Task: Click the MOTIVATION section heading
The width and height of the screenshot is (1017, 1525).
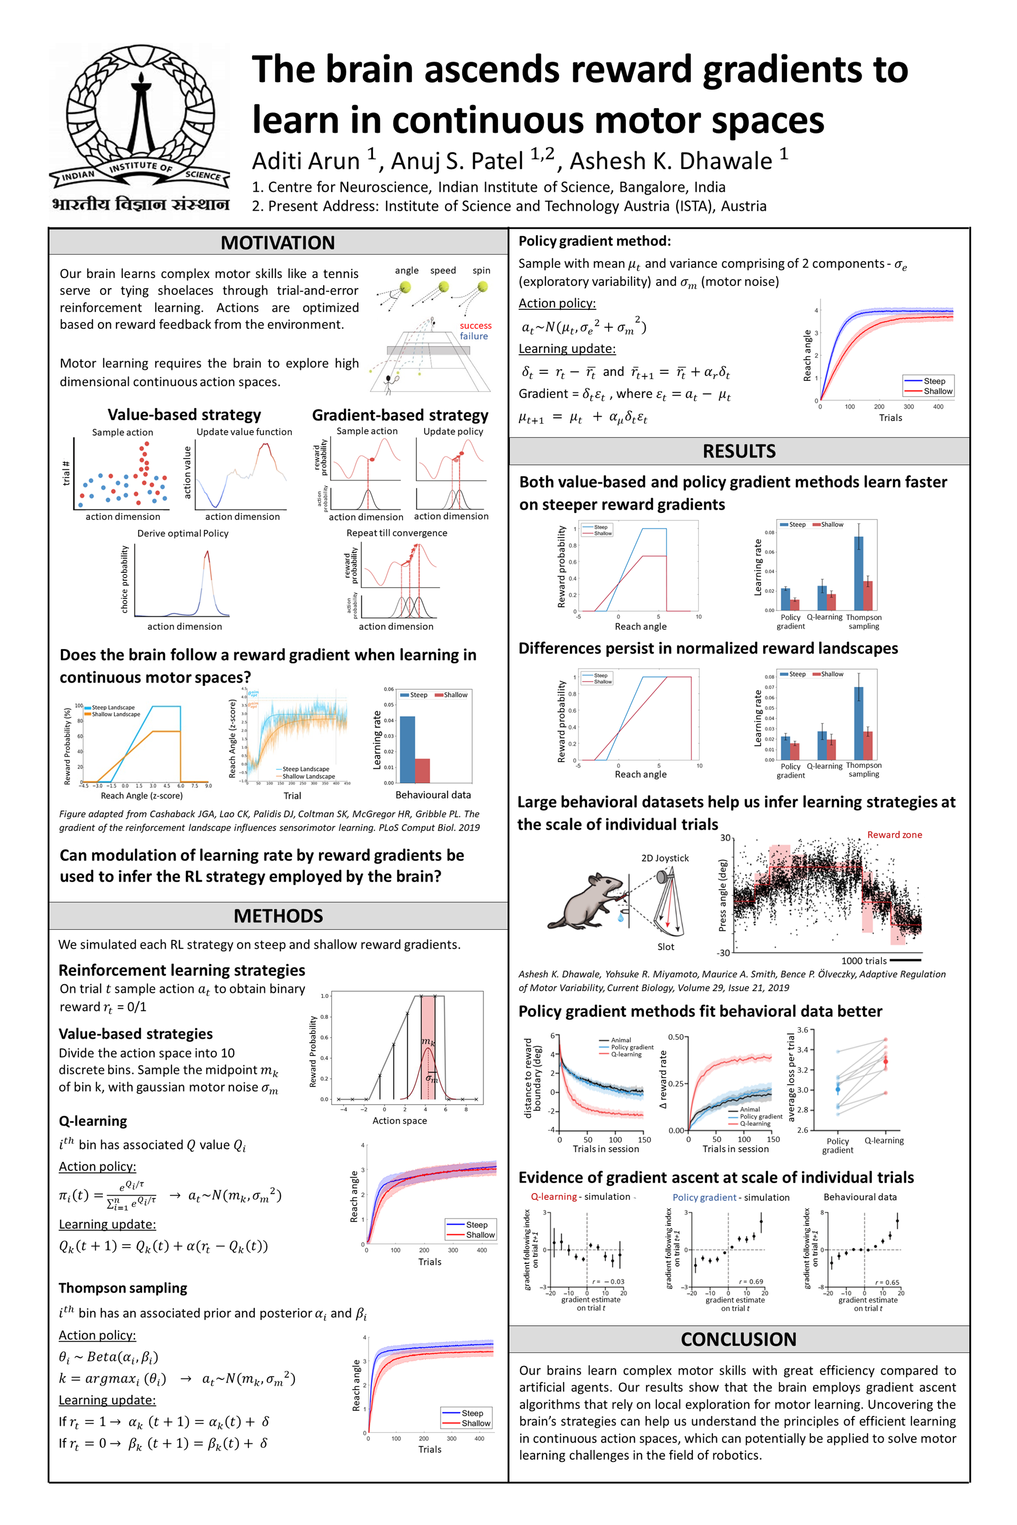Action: [x=278, y=243]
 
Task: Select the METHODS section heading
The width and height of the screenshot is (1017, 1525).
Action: [x=278, y=916]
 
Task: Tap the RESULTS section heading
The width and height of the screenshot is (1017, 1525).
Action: [x=739, y=451]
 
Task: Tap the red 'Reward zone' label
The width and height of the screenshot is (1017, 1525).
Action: [x=895, y=835]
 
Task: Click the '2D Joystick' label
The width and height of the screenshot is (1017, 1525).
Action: [x=665, y=858]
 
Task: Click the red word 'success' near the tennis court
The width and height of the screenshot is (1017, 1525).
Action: [x=476, y=326]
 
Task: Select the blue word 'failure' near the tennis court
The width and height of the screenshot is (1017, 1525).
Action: [x=474, y=336]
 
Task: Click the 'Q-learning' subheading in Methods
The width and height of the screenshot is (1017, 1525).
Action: [x=93, y=1121]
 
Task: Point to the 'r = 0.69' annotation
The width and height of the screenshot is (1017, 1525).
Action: [x=751, y=1281]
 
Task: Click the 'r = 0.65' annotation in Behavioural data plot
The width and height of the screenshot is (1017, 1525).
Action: [x=887, y=1282]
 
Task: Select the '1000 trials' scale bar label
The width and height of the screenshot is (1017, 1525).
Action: [x=863, y=961]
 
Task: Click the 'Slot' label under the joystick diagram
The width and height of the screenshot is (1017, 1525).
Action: [x=665, y=947]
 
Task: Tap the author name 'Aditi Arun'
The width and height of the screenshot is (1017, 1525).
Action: [x=306, y=161]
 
